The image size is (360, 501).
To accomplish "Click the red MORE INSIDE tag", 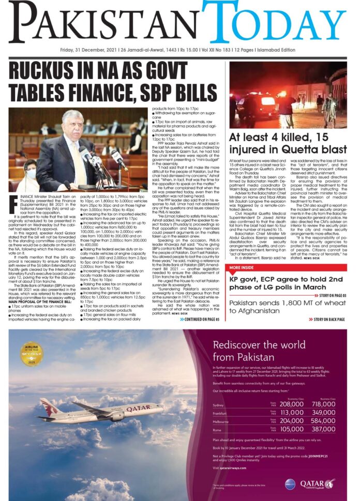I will (242, 267).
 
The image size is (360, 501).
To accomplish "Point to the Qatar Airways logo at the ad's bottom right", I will (320, 483).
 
